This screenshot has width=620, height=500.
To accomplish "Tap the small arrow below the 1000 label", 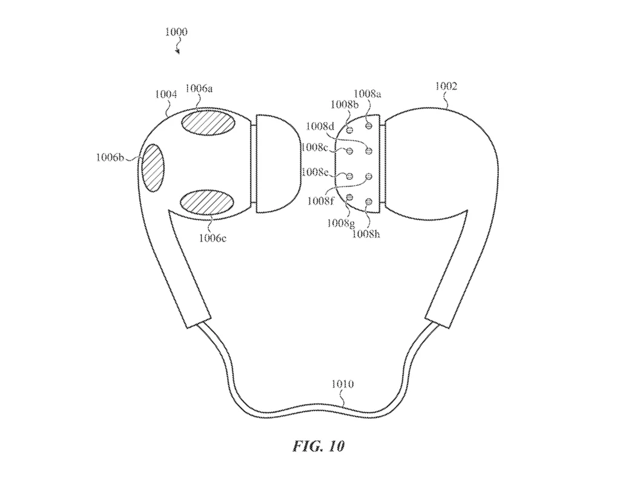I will click(177, 50).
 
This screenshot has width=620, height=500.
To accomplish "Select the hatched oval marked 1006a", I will click(208, 122).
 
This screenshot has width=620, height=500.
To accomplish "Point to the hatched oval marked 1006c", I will click(207, 202).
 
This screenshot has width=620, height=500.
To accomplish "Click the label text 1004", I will click(165, 94).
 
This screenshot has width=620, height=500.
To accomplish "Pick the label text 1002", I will click(446, 87).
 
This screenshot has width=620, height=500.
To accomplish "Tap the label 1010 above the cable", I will click(343, 384).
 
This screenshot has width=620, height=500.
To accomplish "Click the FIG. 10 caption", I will click(318, 447).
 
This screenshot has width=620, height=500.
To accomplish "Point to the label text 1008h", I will click(368, 233).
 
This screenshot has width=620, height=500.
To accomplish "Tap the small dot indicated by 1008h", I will click(368, 201).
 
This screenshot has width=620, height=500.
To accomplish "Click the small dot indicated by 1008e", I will click(349, 176).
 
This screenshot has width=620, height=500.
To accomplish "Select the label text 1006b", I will click(110, 158).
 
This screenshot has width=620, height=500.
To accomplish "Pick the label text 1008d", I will click(320, 127).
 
